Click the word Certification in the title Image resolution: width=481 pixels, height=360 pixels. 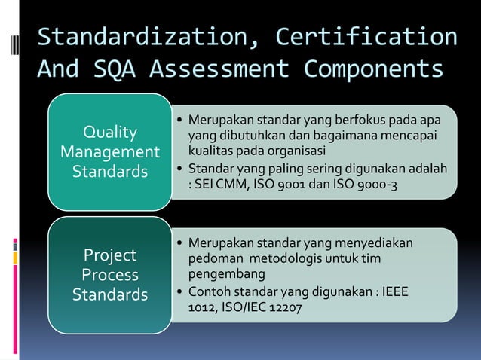[x=366, y=37]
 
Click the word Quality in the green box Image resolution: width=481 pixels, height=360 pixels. [x=110, y=133]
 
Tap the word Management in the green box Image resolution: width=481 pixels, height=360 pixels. [x=110, y=152]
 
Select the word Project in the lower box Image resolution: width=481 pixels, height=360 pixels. [x=110, y=255]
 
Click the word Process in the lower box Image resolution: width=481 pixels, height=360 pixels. [x=110, y=274]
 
